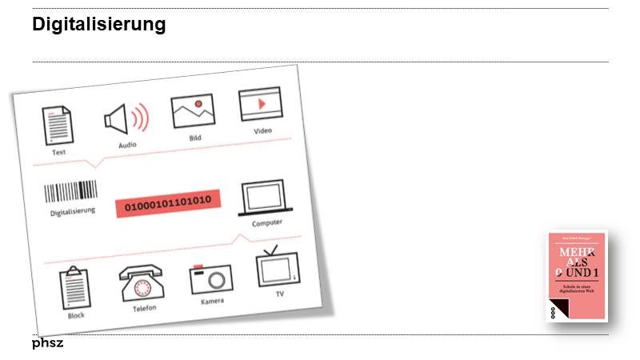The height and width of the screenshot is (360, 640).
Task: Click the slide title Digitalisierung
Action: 98,25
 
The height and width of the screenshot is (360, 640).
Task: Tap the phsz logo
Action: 47,343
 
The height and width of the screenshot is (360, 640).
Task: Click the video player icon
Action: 261,105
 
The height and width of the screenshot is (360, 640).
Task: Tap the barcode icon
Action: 70,191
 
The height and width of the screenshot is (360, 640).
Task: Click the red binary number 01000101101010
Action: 167,203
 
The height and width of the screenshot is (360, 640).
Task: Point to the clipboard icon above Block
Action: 74,286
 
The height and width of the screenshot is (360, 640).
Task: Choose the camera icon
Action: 210,278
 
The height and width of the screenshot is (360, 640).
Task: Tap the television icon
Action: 278,267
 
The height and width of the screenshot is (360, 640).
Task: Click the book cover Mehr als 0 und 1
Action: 576,276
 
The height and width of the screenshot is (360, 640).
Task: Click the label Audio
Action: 127,145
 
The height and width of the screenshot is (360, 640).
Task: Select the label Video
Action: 263,130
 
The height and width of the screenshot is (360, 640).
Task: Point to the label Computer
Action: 267,222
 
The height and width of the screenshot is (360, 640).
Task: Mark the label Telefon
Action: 145,308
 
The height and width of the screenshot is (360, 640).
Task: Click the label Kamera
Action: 213,302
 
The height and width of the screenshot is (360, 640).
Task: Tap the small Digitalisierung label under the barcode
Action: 73,211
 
